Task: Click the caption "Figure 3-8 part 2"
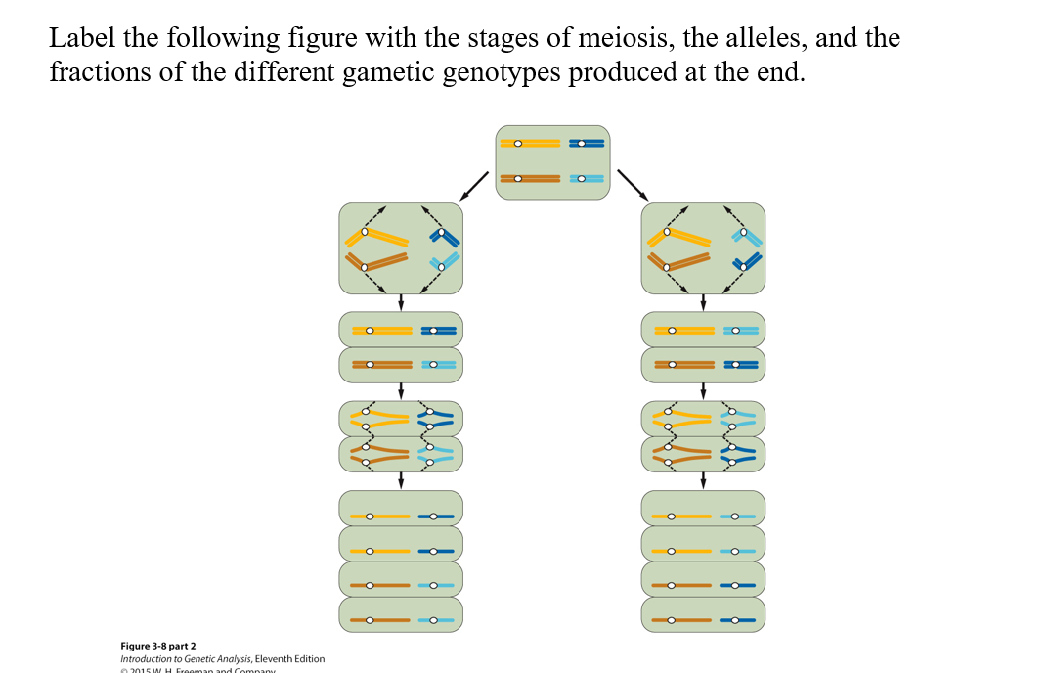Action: (157, 646)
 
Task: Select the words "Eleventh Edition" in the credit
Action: (289, 659)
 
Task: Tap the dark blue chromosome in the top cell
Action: (587, 144)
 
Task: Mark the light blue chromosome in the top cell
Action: (587, 179)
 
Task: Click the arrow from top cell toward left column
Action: (475, 183)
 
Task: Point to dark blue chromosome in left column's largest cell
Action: (448, 238)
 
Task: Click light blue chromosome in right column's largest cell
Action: (748, 238)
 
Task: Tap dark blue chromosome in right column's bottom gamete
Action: (738, 620)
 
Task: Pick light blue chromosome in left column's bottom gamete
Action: (436, 620)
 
